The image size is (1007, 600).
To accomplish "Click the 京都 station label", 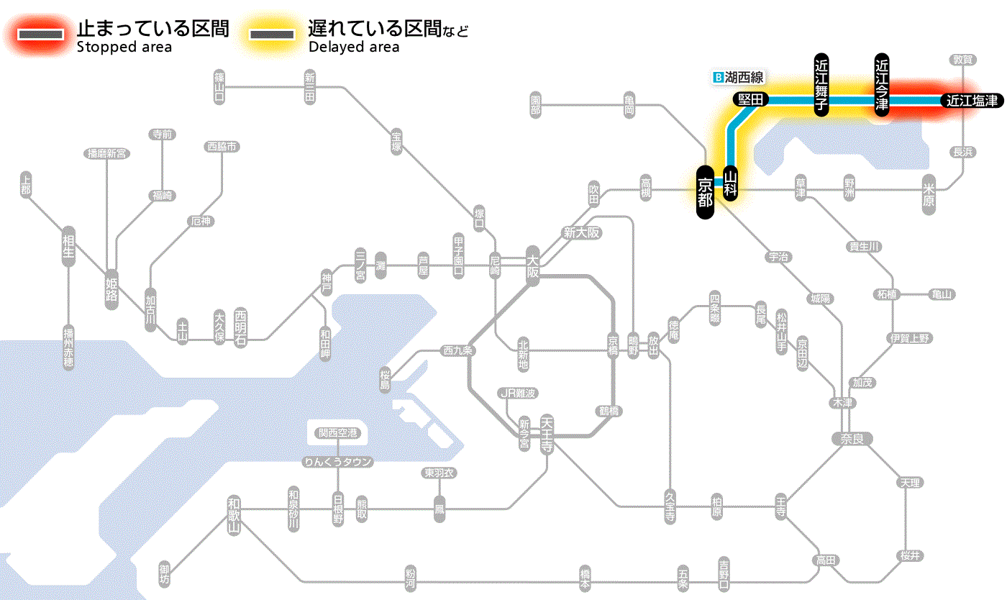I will tap(705, 191).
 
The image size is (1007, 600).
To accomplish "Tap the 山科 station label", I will tap(731, 183).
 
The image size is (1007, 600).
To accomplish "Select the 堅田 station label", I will tap(751, 99).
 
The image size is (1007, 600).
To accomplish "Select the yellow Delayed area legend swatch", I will tap(273, 35).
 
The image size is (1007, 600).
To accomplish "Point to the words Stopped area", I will tap(124, 47).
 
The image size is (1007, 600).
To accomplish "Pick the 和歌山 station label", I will tap(234, 516).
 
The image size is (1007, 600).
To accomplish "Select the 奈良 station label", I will tap(852, 438).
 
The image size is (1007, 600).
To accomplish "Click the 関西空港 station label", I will tap(338, 433).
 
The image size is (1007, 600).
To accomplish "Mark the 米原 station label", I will tap(929, 194).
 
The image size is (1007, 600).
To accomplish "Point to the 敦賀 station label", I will tap(963, 60).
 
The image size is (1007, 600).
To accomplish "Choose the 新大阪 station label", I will tap(581, 232).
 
